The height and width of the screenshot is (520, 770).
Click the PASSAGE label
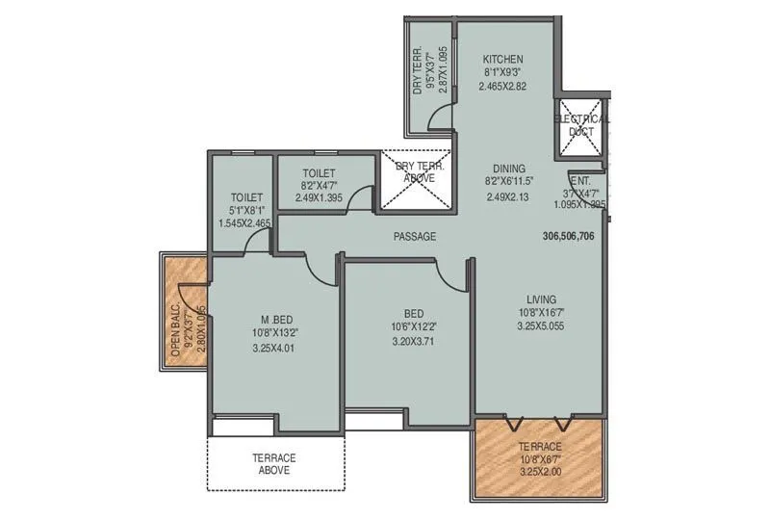coord(415,237)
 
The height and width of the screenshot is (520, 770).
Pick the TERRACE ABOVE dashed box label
coord(273,464)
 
